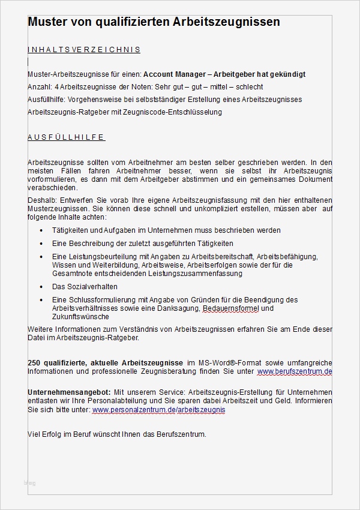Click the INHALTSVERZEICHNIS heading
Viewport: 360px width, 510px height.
click(84, 50)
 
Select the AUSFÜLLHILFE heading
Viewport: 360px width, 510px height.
click(67, 137)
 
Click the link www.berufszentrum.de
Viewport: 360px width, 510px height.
click(295, 372)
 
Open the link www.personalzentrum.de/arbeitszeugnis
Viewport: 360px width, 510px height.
click(159, 410)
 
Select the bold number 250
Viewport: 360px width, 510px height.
click(34, 363)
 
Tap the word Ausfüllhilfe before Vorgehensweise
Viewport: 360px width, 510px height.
click(46, 100)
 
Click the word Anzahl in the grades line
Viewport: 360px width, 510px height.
click(39, 87)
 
